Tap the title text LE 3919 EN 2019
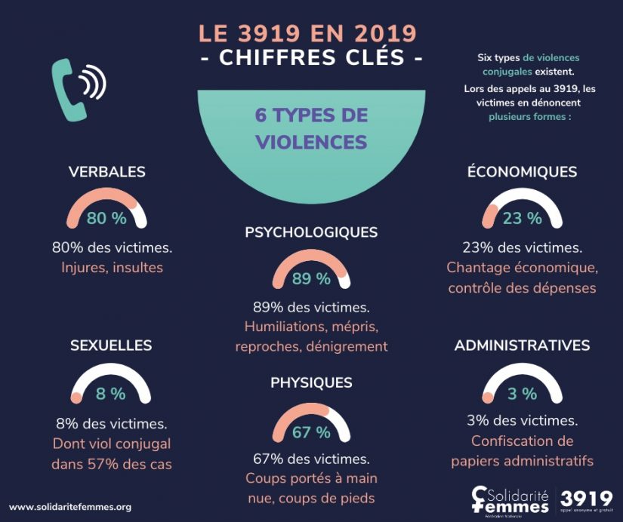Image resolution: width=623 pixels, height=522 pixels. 307,34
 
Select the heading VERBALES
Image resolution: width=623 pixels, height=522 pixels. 106,172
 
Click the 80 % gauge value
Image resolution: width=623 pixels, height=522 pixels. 106,219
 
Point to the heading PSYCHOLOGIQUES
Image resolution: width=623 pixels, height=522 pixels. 311,232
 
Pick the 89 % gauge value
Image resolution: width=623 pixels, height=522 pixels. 311,279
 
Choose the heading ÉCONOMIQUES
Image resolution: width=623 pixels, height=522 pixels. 522,172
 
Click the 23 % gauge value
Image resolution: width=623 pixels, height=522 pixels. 522,219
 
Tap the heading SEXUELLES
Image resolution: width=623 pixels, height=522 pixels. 111,345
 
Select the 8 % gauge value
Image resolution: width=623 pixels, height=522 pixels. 111,393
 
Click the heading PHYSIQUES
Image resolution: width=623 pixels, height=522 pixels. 311,383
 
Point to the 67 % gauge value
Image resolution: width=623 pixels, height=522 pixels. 311,432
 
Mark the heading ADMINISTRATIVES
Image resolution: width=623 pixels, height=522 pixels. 522,345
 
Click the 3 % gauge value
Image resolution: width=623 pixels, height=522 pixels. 522,393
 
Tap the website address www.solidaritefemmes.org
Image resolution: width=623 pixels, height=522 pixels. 70,507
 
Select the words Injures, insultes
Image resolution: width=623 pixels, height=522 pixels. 112,267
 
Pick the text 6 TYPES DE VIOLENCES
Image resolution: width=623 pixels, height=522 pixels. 311,128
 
